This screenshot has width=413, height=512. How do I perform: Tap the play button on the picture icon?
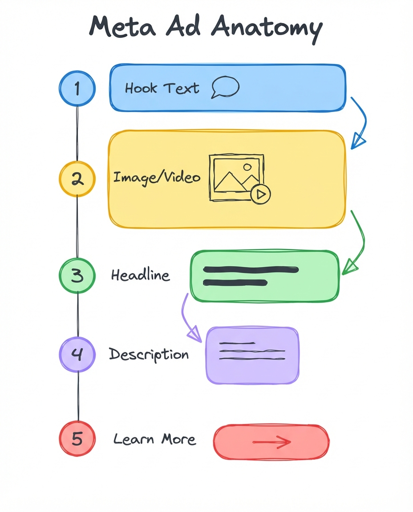click(x=261, y=194)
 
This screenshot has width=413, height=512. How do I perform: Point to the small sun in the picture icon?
click(x=247, y=168)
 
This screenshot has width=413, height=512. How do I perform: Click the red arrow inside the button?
click(x=271, y=442)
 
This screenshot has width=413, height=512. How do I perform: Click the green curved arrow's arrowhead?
click(x=349, y=267)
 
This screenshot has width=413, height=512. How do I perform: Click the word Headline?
click(x=140, y=275)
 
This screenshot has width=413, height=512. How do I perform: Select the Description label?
click(x=149, y=355)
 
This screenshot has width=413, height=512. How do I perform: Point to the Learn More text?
click(x=154, y=439)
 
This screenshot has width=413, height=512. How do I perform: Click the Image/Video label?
click(x=157, y=178)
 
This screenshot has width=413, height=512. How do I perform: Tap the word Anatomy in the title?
click(x=267, y=28)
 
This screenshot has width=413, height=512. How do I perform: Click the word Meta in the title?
click(x=123, y=26)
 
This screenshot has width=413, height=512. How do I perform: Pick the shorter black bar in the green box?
click(x=235, y=283)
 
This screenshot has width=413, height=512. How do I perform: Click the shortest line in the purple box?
click(x=237, y=343)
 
